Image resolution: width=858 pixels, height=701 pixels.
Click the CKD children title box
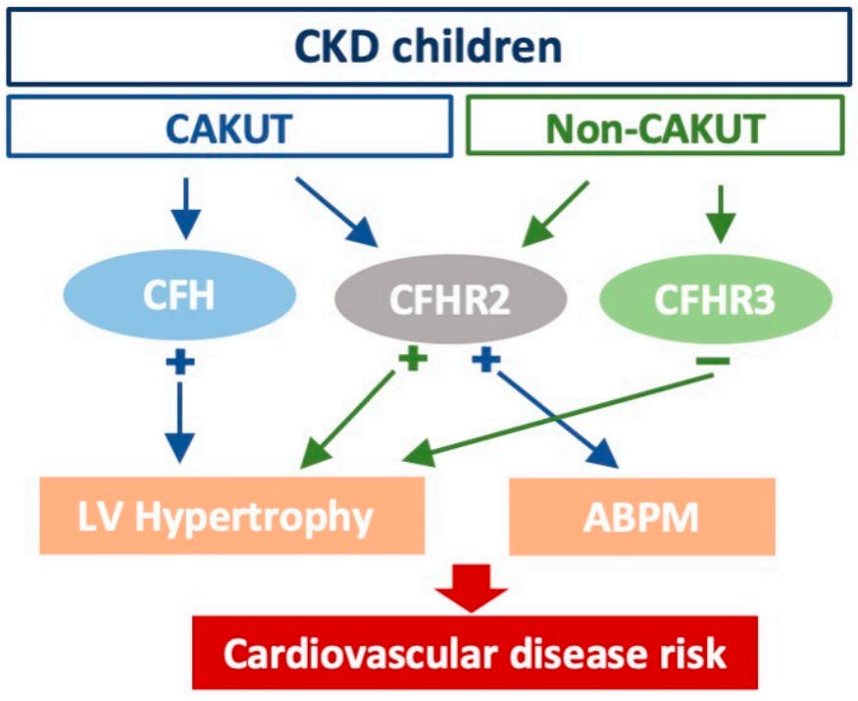(429, 46)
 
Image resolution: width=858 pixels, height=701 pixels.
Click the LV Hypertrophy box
(231, 516)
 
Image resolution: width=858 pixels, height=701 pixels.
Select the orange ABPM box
(641, 517)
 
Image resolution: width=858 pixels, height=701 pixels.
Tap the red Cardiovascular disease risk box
(475, 653)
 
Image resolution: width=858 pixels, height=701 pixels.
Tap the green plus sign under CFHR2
(413, 359)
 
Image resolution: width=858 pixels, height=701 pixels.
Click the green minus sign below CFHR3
(713, 363)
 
